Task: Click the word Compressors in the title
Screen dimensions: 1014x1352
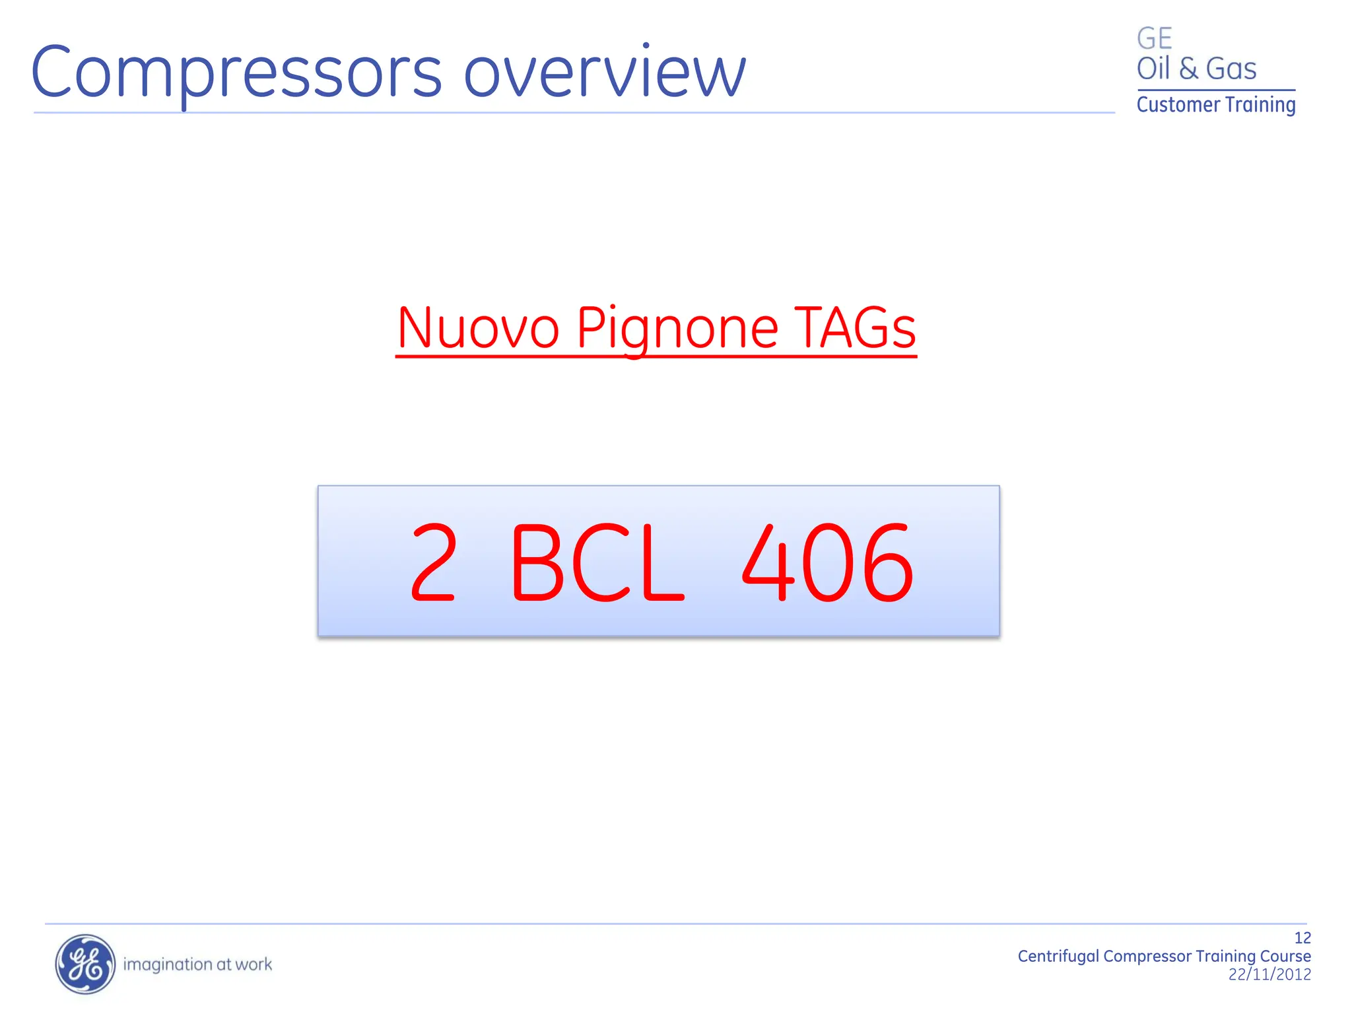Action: [x=236, y=73]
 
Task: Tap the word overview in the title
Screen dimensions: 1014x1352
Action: [x=605, y=73]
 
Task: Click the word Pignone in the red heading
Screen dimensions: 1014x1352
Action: [x=677, y=329]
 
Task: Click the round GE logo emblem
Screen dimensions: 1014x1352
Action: [x=85, y=964]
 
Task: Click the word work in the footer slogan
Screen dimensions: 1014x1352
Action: [x=253, y=964]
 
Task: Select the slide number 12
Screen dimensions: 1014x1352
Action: [x=1302, y=938]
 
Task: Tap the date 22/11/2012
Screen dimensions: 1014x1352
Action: [x=1269, y=974]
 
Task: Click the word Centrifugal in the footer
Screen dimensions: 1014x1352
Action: [x=1058, y=957]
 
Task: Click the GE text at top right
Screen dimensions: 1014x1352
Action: [x=1154, y=38]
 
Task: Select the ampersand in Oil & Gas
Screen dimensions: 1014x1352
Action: [x=1188, y=69]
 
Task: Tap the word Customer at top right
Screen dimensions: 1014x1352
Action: [x=1178, y=105]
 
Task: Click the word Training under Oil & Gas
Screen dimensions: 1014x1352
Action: [x=1260, y=105]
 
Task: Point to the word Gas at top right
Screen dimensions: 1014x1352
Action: [x=1231, y=69]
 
